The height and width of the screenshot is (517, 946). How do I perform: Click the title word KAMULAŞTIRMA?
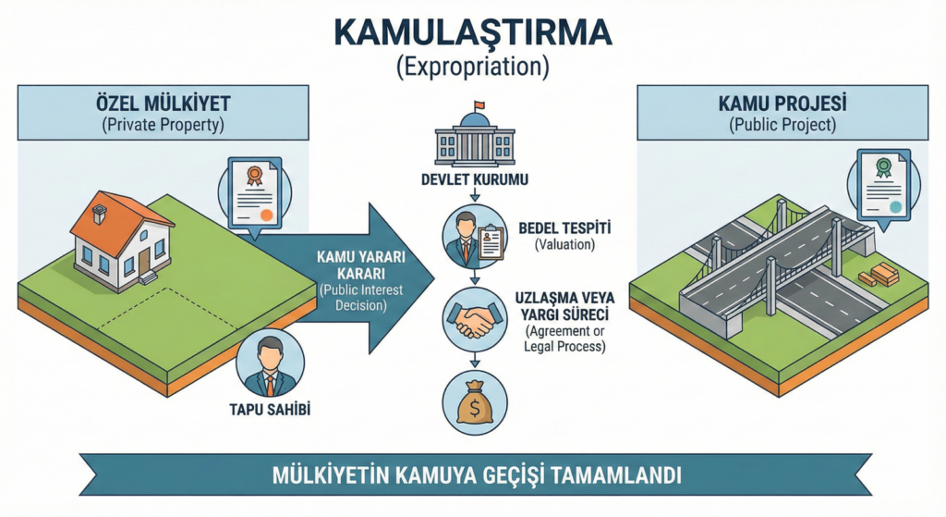point(472,32)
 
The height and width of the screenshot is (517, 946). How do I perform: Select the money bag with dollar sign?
point(474,403)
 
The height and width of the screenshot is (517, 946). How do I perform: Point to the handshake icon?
point(474,318)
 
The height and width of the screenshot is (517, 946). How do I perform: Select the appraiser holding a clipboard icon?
point(474,237)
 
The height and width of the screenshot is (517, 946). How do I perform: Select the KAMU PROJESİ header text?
point(782,103)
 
